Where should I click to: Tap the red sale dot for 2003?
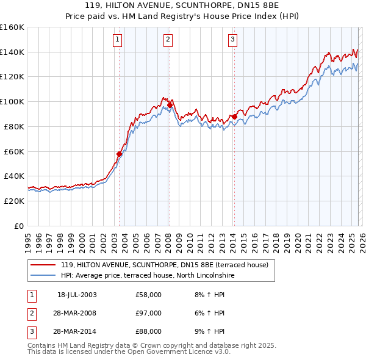tap(120, 154)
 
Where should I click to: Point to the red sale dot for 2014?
tap(234, 117)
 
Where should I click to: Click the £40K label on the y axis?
tap(14, 176)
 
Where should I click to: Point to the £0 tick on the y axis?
tap(19, 226)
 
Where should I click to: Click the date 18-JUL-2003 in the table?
tap(77, 295)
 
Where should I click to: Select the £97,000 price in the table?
tap(149, 313)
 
